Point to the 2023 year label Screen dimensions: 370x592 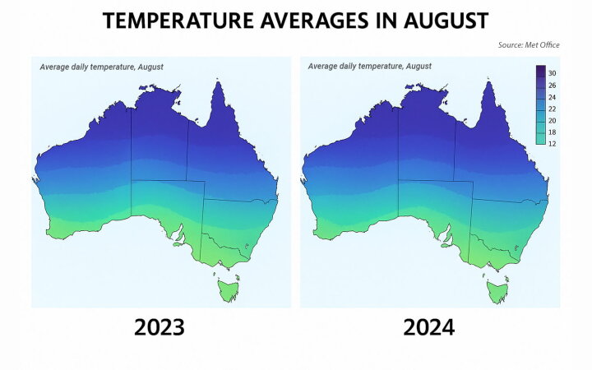(x=160, y=328)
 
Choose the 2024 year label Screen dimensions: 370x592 (x=428, y=328)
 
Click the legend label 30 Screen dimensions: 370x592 (x=553, y=73)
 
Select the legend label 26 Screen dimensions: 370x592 (x=553, y=85)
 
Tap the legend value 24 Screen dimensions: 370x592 (x=553, y=97)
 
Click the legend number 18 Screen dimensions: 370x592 (x=553, y=132)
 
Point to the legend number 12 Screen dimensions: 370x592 (x=553, y=143)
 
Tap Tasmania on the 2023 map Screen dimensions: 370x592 (x=228, y=289)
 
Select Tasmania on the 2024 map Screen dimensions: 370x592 (x=497, y=289)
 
